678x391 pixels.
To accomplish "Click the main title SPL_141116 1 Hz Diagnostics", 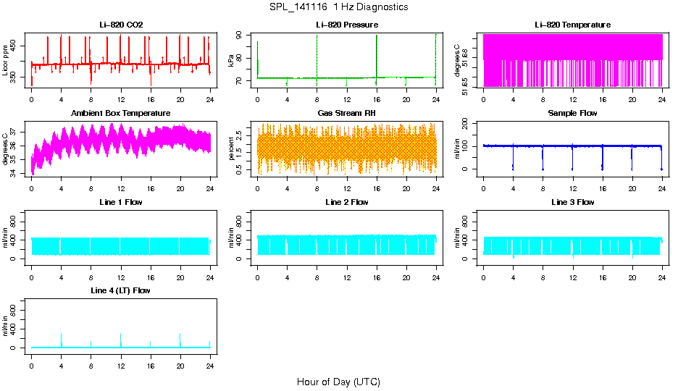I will pos(338,7).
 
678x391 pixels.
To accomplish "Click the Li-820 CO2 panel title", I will pos(121,25).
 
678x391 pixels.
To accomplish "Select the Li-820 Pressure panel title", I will pos(347,25).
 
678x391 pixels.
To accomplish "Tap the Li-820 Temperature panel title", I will pos(572,25).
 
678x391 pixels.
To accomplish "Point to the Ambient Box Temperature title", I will pos(121,114).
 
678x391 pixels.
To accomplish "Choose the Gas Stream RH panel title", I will pos(347,114).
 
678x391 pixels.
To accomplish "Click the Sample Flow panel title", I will pos(572,114).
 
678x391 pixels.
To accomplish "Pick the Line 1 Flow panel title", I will pos(121,202).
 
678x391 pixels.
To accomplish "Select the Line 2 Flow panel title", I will pos(347,202).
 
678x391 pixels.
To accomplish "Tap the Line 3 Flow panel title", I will pos(572,202).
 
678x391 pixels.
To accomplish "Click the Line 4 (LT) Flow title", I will pos(121,290).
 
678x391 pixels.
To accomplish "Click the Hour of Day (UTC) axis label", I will pos(338,382).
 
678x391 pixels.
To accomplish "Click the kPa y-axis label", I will pos(232,60).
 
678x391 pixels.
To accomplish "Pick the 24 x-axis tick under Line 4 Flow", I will pos(210,360).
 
